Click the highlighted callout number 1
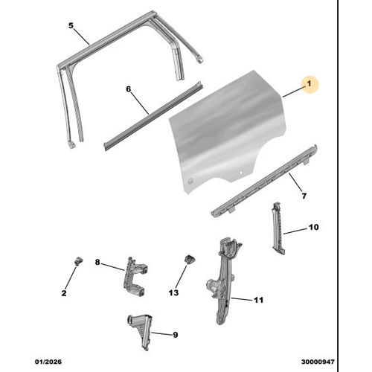coord(309,83)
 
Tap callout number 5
coord(71,25)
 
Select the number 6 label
coord(128,89)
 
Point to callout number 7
coord(304,196)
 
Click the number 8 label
coord(97,262)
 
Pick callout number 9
coord(176,335)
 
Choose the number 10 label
coord(313,227)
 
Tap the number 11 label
coord(258,300)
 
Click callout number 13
coord(173,292)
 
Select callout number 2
coord(64,293)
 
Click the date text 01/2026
coord(48,362)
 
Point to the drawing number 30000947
coord(318,362)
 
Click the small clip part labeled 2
coord(79,261)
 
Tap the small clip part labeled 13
coord(190,259)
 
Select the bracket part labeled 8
coord(135,276)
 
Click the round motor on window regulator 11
coord(214,285)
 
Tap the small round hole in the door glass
coord(240,173)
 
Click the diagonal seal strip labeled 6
coord(154,115)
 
